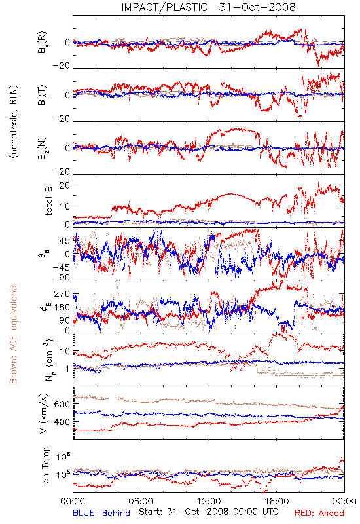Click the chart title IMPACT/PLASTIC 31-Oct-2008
208,7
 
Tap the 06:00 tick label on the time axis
141,501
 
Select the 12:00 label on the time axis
209,501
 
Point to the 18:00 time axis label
277,501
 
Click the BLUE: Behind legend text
101,513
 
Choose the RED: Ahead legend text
319,513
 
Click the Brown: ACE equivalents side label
13,333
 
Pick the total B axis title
48,201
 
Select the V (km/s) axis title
45,413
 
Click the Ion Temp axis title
45,466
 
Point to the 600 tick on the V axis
62,404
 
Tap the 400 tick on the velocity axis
62,422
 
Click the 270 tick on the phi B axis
62,293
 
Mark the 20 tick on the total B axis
65,185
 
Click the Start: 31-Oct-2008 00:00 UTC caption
209,512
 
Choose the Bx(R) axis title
43,43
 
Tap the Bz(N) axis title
43,148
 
